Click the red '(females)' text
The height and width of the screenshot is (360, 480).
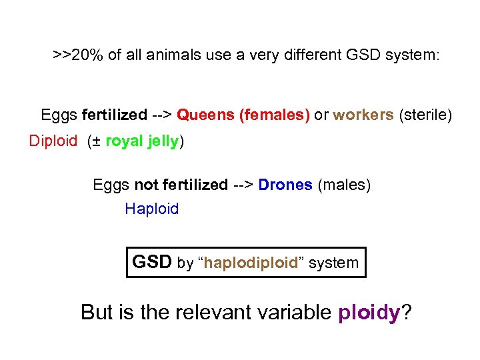click(274, 115)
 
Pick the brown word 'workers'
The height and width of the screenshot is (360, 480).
click(363, 115)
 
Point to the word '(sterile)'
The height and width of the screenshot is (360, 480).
click(425, 115)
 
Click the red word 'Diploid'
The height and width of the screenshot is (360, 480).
click(53, 141)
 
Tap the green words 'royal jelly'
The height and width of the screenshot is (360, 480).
click(141, 141)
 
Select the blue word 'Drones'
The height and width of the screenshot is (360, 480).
click(285, 185)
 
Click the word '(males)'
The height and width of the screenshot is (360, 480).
click(344, 185)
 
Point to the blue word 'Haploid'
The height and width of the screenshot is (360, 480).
click(152, 209)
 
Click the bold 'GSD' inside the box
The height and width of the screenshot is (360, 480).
click(152, 262)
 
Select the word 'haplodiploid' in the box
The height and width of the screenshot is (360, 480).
click(251, 263)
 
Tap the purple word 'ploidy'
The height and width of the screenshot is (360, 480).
click(368, 311)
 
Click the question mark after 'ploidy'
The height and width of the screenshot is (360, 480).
click(405, 311)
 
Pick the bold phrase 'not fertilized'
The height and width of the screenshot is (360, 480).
click(181, 185)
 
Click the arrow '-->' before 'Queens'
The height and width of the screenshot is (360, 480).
click(161, 115)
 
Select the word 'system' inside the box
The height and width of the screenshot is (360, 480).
click(333, 263)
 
